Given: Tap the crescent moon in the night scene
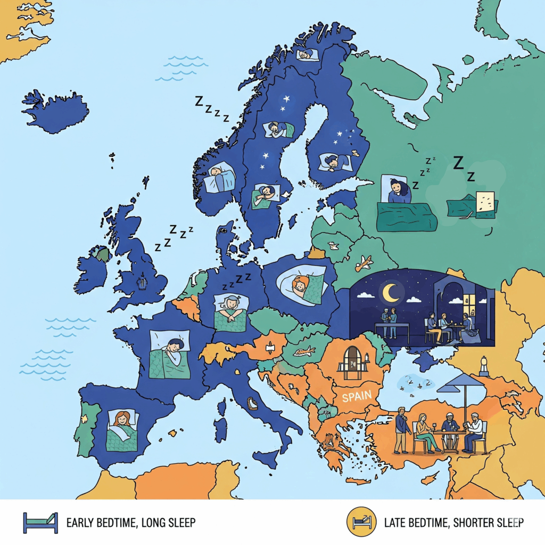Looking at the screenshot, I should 391,292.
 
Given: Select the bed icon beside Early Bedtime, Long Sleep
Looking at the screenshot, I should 40,522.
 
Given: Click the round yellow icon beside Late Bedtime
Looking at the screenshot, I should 361,522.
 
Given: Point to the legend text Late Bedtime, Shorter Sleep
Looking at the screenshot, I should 453,522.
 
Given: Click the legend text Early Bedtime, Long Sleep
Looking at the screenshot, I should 130,522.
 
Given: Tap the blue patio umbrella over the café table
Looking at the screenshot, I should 461,382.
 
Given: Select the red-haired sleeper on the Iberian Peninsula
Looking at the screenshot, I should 122,420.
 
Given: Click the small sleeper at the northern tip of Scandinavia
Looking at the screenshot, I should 307,54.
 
